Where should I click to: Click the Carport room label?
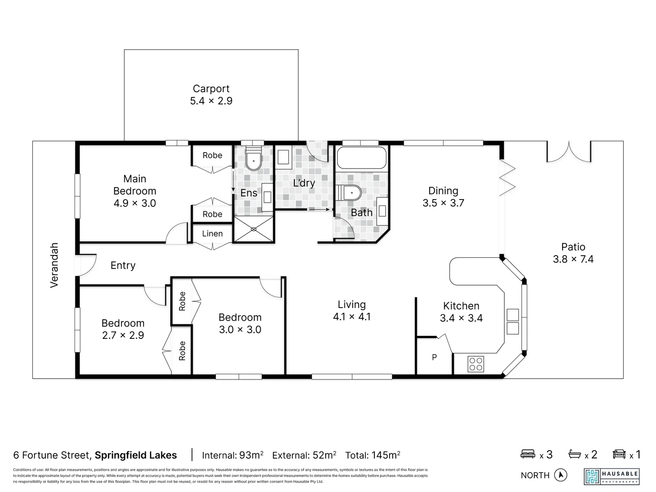coord(211,89)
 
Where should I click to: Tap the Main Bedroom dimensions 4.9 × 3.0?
coord(135,203)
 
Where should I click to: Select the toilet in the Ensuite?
coord(253,160)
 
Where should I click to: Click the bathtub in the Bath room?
coord(361,158)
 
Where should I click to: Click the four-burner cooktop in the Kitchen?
coord(476,364)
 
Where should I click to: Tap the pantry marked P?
coord(434,357)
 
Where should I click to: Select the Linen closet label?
coord(212,234)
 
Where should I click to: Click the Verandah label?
coord(54,265)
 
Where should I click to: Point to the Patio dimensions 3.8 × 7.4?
coord(573,259)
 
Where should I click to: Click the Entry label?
coord(123,266)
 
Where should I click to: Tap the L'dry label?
coord(304,183)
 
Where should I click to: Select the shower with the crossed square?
coord(253,229)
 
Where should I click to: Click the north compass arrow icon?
coord(561,475)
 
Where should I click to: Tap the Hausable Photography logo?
coord(612,476)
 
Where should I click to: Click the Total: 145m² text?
coord(373,455)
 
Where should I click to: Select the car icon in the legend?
coord(619,454)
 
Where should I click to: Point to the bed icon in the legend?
coord(528,454)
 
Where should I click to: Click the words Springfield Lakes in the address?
coord(136,455)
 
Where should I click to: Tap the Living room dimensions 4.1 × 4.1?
coord(352,317)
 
